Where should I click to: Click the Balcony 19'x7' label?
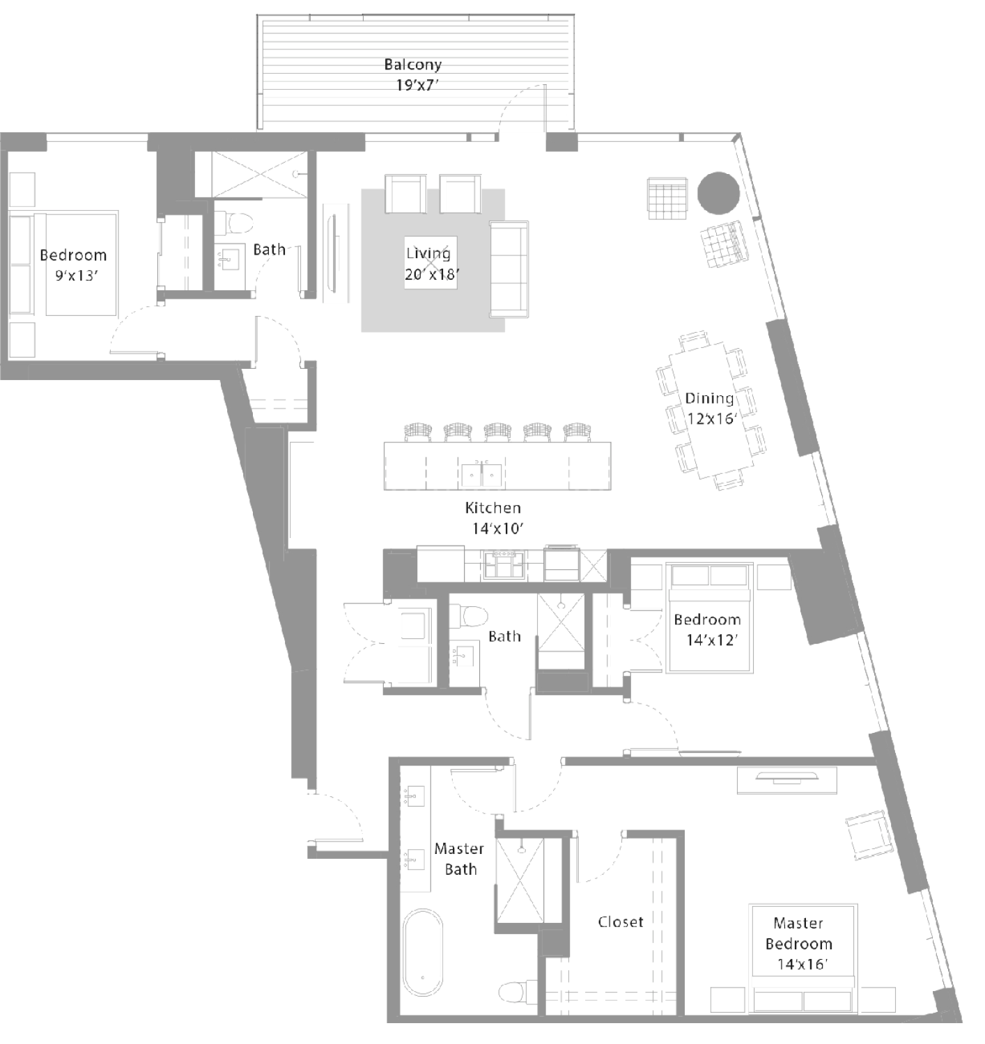pos(412,74)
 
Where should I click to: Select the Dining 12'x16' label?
pos(710,408)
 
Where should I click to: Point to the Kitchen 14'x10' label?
pos(494,518)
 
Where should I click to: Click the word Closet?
pos(621,922)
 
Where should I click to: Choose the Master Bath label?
pos(459,858)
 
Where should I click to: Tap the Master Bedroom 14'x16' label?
pos(799,943)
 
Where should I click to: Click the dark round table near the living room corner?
pos(718,193)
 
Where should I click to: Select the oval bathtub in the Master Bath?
pos(423,952)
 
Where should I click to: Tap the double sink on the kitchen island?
pos(481,475)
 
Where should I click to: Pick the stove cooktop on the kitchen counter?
pos(504,565)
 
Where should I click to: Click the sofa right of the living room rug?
pos(509,269)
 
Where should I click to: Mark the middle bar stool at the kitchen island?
pos(498,432)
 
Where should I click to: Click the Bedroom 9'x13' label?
pos(74,265)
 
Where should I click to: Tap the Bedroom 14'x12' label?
pos(708,629)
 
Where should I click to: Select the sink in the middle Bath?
pos(464,656)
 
